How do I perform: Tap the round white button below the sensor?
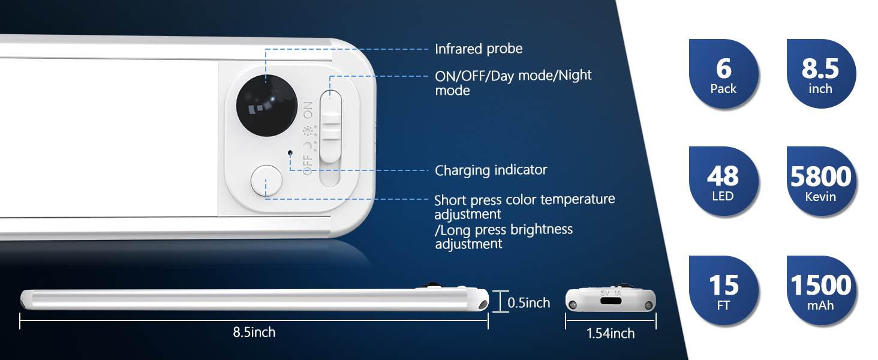(266, 181)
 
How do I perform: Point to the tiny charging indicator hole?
(291, 152)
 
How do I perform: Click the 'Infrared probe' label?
(479, 49)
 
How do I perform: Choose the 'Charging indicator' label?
(491, 170)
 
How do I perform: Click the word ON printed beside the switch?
(308, 110)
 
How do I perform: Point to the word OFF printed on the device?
(308, 164)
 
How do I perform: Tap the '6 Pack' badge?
(723, 74)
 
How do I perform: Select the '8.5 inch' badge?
(820, 74)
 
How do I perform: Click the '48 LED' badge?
(723, 182)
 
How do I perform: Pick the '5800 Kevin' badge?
(820, 182)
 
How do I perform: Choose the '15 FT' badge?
(723, 290)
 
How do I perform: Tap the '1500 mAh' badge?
(820, 290)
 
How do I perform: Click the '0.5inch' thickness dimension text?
(528, 303)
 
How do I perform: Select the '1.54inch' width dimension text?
(611, 334)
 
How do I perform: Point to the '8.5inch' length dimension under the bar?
(254, 332)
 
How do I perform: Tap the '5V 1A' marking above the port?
(611, 294)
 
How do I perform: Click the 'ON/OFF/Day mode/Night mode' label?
(513, 83)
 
